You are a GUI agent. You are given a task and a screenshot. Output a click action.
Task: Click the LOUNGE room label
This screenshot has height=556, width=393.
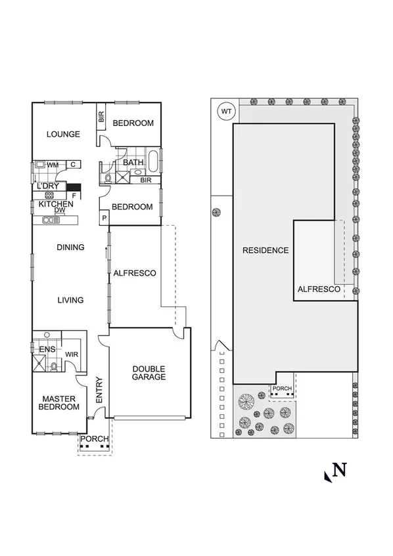(63, 134)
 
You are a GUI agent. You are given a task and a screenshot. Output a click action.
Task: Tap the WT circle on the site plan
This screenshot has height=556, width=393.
(227, 112)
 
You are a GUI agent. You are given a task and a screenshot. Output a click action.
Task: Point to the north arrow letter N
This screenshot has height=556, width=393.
(339, 470)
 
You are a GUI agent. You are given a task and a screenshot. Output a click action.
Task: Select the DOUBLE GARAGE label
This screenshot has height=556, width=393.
(149, 373)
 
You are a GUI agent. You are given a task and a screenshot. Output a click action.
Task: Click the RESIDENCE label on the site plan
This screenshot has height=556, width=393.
(265, 250)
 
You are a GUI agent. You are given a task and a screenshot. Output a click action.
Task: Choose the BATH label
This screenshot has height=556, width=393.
(133, 162)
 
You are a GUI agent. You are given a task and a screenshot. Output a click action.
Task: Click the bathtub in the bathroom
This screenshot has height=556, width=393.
(154, 161)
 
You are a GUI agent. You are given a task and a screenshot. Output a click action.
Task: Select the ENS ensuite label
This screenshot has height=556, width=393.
(47, 349)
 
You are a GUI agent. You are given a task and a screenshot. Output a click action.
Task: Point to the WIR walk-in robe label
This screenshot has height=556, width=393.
(72, 354)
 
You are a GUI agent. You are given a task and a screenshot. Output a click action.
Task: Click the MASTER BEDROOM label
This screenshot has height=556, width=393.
(60, 402)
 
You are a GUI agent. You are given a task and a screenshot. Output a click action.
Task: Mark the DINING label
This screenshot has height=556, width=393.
(70, 247)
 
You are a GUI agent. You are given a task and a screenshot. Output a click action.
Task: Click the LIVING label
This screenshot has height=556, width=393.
(70, 300)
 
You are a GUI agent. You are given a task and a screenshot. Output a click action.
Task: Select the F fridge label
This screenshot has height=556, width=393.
(74, 196)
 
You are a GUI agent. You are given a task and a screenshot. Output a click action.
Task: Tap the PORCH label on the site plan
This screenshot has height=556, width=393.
(282, 388)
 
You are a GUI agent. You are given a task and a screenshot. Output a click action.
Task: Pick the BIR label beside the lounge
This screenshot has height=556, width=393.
(101, 118)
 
